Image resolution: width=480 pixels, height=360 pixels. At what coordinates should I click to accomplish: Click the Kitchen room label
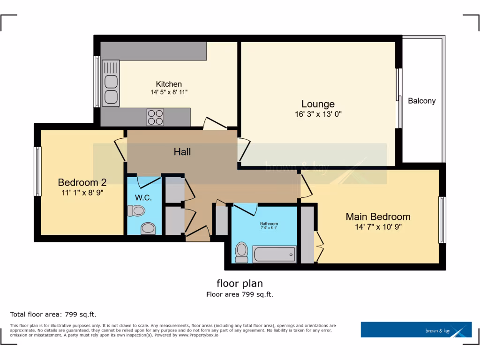tap(169, 84)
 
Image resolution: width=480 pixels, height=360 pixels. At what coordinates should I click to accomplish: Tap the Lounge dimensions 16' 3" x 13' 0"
tap(318, 114)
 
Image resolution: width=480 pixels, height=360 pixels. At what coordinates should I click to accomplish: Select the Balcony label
tap(421, 101)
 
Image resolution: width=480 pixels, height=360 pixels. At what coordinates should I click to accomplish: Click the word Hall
tap(182, 152)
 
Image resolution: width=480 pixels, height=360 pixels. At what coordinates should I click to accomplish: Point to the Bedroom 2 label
tap(78, 182)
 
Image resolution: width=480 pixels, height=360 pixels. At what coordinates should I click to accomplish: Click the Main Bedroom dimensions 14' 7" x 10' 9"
tap(378, 227)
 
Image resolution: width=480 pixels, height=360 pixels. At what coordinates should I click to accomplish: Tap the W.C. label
tap(143, 198)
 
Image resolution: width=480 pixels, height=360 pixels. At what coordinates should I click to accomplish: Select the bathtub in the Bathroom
tap(274, 255)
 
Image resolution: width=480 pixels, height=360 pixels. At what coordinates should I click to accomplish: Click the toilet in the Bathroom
tap(241, 252)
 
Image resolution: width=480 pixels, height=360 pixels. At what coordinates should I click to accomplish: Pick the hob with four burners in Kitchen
tap(156, 117)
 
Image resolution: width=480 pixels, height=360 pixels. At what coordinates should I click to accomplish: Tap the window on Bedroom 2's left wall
tap(37, 171)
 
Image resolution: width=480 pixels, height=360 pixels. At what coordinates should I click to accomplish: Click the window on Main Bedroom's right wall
tap(442, 220)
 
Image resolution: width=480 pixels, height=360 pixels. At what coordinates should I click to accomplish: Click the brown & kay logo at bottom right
tap(416, 330)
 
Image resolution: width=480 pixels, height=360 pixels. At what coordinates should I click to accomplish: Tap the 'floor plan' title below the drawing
tap(240, 283)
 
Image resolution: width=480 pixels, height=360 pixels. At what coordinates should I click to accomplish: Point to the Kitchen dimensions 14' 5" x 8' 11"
tap(169, 92)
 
